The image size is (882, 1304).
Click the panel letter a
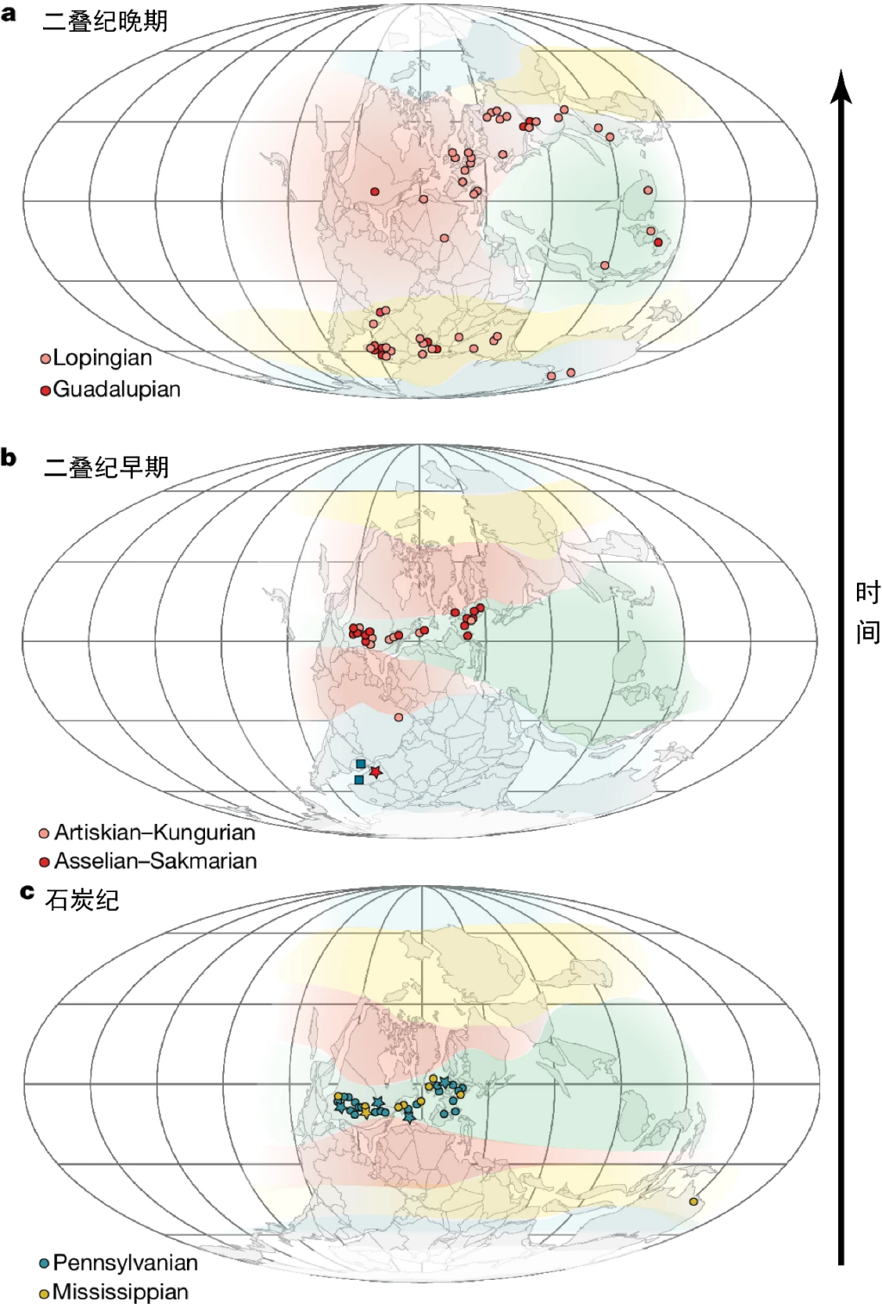click(9, 14)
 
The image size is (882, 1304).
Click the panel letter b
click(9, 458)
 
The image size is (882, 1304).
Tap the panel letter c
click(27, 892)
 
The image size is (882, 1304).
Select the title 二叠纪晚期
click(105, 22)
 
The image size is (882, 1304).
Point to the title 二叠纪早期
click(106, 467)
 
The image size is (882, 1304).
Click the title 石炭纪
click(82, 901)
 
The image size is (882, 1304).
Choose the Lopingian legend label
click(102, 358)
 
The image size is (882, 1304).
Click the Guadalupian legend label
click(116, 390)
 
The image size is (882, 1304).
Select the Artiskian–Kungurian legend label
click(154, 833)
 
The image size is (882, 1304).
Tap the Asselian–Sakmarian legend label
click(155, 861)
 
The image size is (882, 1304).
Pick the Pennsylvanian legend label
click(125, 1263)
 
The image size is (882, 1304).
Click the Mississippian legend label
click(120, 1292)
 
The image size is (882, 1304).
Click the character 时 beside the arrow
click(867, 593)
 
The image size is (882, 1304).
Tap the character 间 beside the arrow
click(867, 633)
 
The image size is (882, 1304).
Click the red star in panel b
click(376, 772)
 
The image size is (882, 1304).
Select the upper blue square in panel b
click(361, 764)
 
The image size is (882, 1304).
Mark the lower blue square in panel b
click(359, 780)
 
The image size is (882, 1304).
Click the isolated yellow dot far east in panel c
click(693, 1201)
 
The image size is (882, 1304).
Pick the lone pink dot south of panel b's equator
click(398, 717)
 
